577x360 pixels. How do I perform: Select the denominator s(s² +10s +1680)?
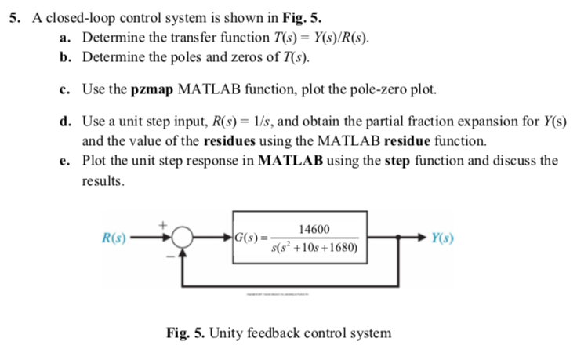[314, 248]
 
